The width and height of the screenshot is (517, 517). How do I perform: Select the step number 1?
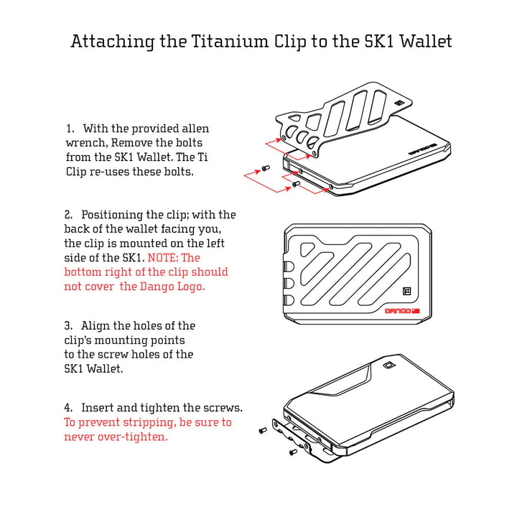click(70, 129)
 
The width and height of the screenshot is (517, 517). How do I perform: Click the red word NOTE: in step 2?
click(164, 258)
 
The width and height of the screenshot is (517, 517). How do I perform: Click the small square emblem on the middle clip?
click(406, 292)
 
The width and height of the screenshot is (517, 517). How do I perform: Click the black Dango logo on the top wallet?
click(421, 152)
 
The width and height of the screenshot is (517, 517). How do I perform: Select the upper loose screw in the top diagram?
click(265, 168)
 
